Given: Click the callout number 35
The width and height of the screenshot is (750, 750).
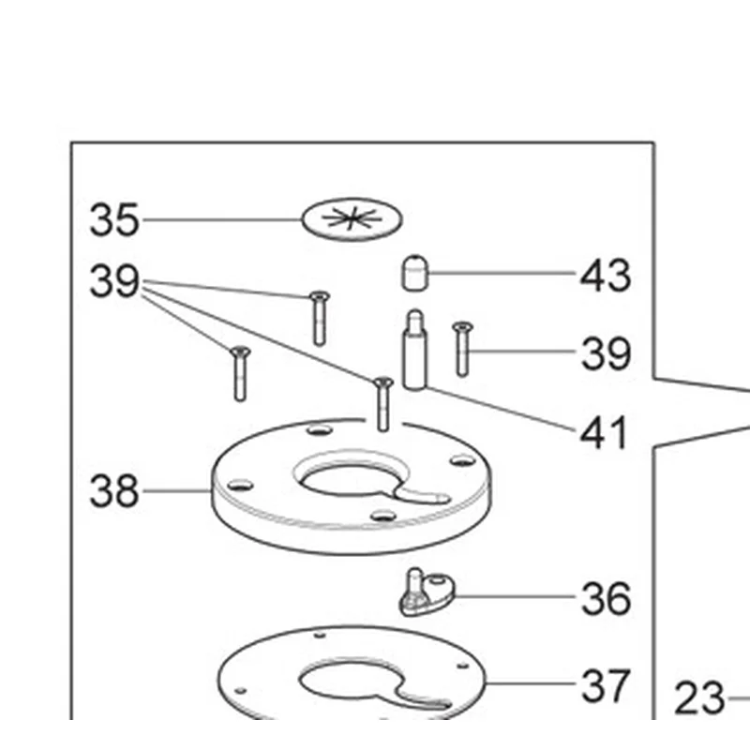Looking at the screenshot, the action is point(114,219).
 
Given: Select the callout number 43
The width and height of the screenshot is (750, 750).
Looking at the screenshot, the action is point(606,275).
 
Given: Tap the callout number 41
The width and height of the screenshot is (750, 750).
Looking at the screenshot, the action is point(603,432).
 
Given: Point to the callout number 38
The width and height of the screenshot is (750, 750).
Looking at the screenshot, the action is point(114,490).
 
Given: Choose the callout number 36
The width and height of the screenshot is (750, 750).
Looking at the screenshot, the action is point(606,598).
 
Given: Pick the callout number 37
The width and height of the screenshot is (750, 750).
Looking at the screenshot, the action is point(605,685).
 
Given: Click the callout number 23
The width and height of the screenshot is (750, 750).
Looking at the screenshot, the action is point(699,697).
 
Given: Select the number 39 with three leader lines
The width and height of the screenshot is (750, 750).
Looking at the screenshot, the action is point(114,280).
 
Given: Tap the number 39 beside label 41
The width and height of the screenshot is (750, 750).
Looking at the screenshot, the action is point(606,353).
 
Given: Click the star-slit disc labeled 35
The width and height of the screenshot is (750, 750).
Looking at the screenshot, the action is point(352,219).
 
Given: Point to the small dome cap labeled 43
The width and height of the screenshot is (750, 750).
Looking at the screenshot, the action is point(414,273).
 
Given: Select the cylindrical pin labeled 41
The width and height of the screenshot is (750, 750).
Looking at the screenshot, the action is point(414,350).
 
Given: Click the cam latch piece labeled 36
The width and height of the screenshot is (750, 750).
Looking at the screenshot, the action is point(427,592).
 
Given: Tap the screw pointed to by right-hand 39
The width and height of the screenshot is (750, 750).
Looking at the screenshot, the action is point(462,349).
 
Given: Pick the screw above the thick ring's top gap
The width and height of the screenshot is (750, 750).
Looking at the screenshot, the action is point(382,404).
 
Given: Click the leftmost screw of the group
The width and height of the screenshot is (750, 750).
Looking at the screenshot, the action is point(240,373).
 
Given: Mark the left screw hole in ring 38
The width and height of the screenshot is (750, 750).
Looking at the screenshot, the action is point(240,485).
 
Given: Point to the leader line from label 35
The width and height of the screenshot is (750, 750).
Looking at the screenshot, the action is point(222,220).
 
